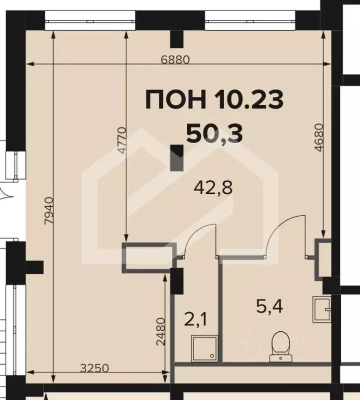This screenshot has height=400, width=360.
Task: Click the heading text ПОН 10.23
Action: pos(214,99)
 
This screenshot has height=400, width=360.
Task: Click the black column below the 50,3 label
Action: pos(177,158)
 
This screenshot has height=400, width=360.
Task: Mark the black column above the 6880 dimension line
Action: pos(177,38)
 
